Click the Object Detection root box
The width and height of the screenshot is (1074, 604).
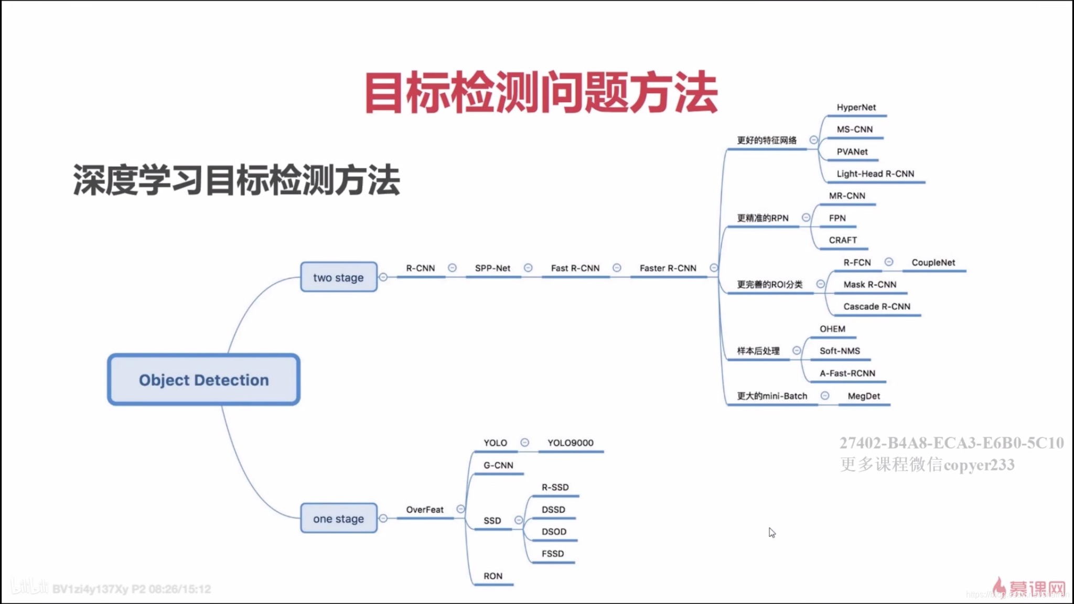click(x=203, y=380)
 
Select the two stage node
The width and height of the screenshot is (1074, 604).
click(x=338, y=277)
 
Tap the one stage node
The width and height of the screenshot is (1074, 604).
click(x=338, y=519)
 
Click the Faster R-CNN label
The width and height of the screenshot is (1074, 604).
click(x=668, y=268)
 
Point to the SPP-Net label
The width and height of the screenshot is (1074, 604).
click(x=492, y=268)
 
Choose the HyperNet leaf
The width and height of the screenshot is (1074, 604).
click(x=856, y=107)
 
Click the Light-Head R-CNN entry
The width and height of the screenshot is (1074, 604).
click(x=875, y=174)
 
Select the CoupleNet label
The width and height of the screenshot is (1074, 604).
click(x=933, y=262)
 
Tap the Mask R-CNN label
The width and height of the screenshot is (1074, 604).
click(x=869, y=284)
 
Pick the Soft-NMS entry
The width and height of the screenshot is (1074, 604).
click(x=840, y=351)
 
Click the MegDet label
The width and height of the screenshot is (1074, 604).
click(x=864, y=396)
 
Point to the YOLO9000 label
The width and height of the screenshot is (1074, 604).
click(x=570, y=443)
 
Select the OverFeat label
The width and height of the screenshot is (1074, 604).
click(x=424, y=510)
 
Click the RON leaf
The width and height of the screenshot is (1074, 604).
click(x=493, y=576)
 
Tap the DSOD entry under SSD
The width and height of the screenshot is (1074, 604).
click(x=554, y=531)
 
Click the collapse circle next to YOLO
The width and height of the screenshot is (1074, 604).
click(x=524, y=443)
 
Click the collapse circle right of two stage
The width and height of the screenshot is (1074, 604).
click(x=383, y=277)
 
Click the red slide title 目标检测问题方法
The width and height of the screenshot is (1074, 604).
click(x=541, y=93)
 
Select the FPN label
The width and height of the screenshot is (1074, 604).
click(x=837, y=218)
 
